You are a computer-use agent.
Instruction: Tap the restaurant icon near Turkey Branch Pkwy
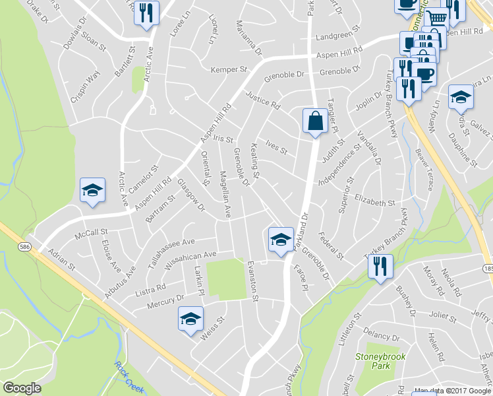tap(380, 266)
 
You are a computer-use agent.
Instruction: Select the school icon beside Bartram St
tap(92, 190)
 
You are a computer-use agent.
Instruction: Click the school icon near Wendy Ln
tap(461, 96)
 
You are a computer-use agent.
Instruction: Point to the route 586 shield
tap(24, 246)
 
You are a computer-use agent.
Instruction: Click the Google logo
tap(22, 387)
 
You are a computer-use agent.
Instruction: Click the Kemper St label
tap(228, 69)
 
